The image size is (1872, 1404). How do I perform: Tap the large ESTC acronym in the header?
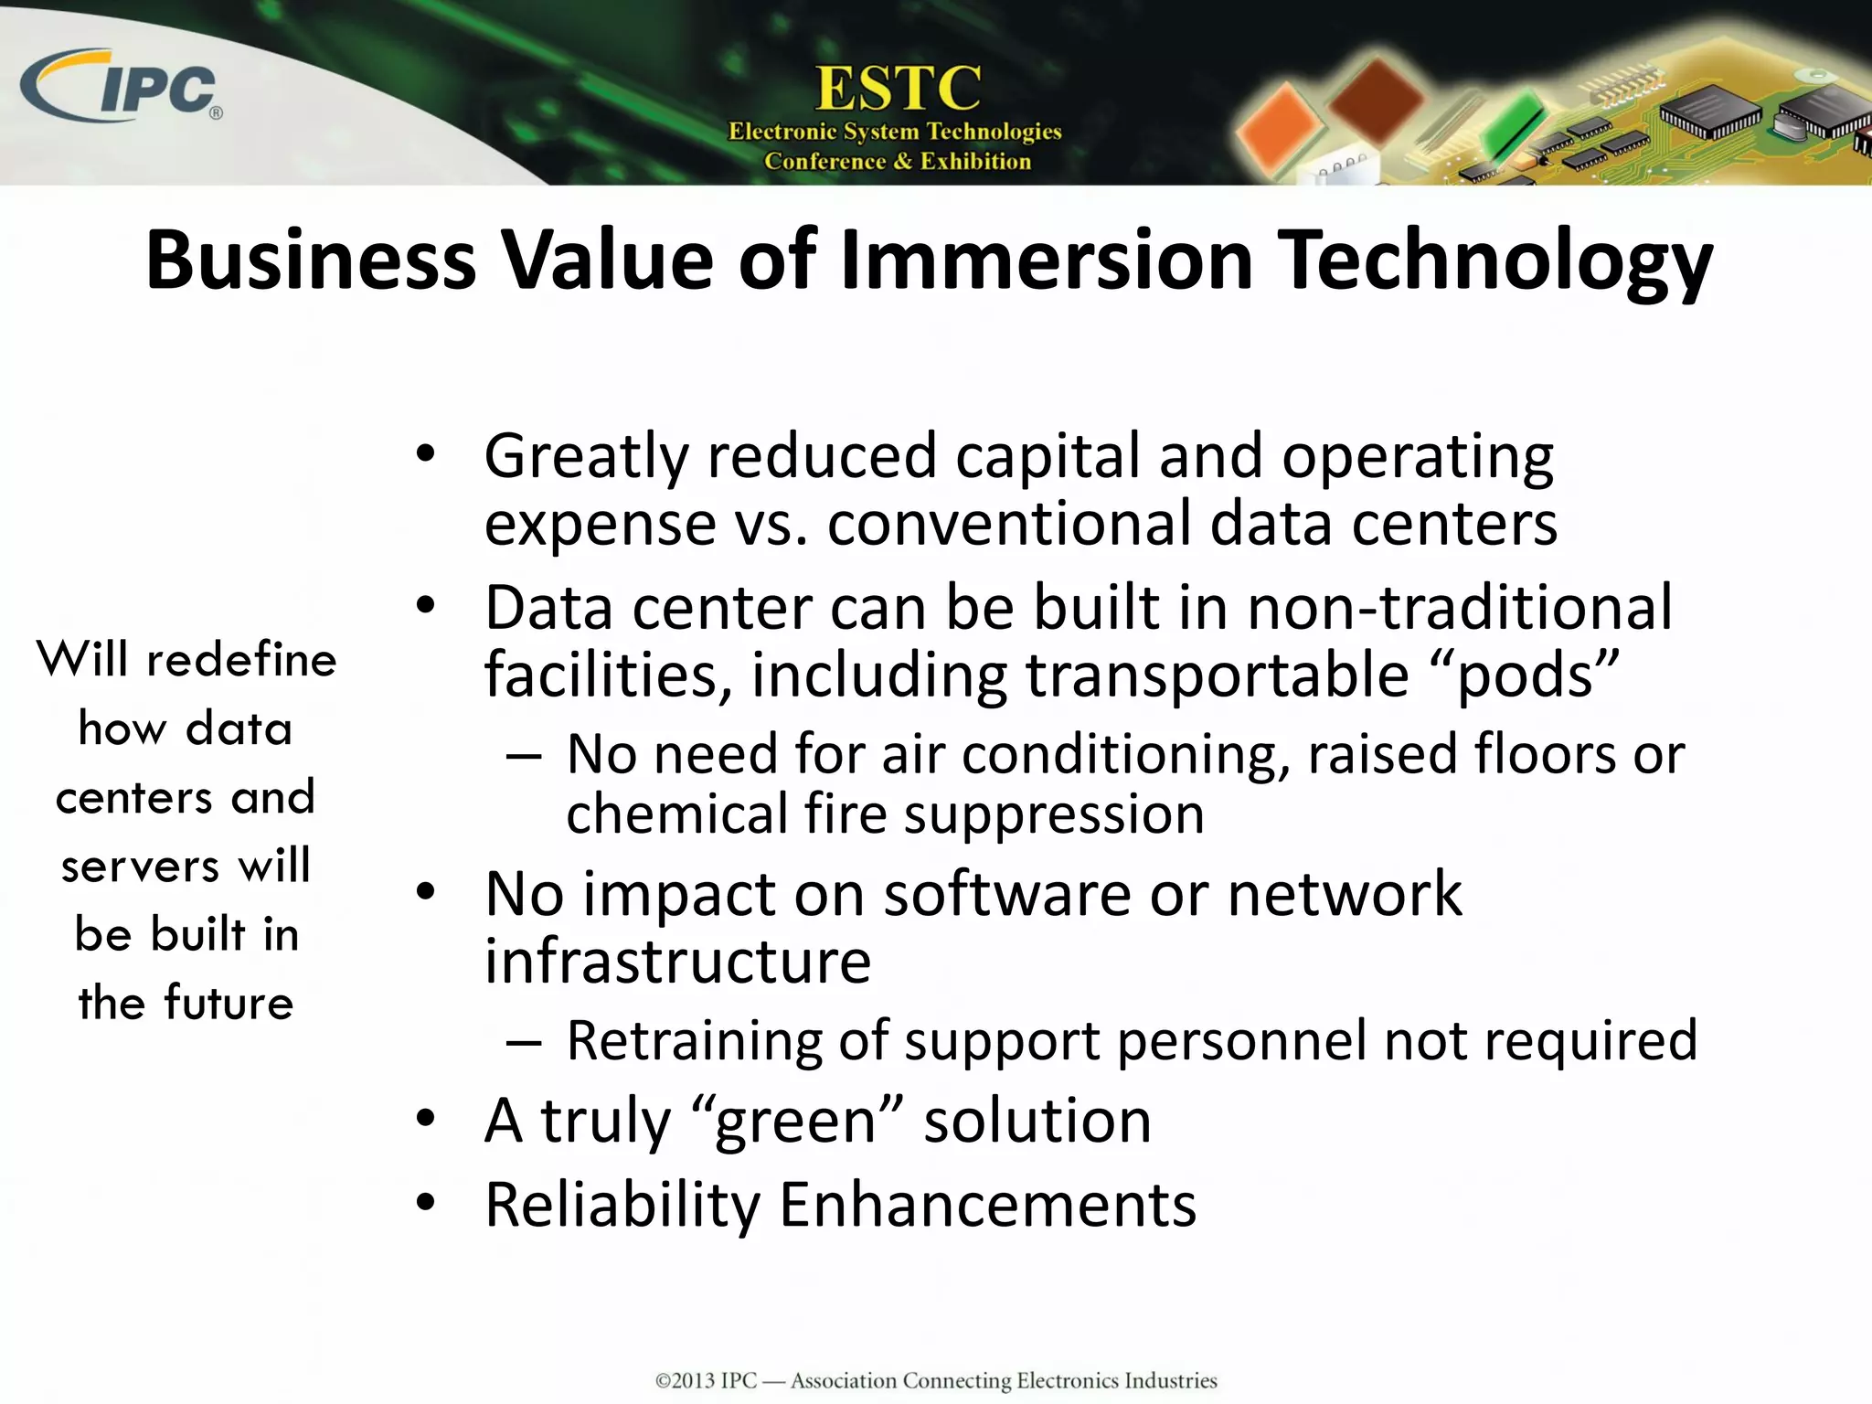[x=898, y=89]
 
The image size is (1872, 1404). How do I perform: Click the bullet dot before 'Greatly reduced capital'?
[x=425, y=454]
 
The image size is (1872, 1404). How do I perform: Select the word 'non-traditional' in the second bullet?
[x=1460, y=607]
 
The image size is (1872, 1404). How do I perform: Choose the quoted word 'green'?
[x=796, y=1122]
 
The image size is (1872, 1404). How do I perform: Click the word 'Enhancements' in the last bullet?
[x=987, y=1205]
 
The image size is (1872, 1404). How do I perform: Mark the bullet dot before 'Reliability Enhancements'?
[x=425, y=1204]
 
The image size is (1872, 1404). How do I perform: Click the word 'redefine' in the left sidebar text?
[x=241, y=660]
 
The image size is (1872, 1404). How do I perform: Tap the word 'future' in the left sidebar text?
[x=229, y=1003]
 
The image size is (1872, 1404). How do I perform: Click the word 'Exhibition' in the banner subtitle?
[x=975, y=162]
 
